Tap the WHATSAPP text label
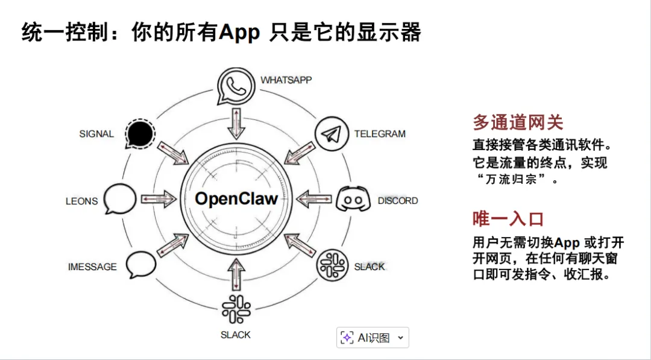(x=286, y=80)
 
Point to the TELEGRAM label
(x=380, y=134)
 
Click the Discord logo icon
(x=351, y=200)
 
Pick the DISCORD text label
(x=398, y=200)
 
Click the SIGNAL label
(x=96, y=134)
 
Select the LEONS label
(x=81, y=201)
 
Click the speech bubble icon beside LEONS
(x=121, y=198)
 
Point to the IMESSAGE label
(x=92, y=267)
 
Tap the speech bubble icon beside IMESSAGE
(x=140, y=264)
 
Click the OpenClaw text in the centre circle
(x=236, y=199)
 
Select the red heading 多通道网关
(x=517, y=123)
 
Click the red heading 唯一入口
(x=508, y=219)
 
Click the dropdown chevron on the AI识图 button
(x=400, y=338)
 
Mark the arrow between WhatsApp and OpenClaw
(x=236, y=123)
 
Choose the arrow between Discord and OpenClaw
(x=313, y=199)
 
